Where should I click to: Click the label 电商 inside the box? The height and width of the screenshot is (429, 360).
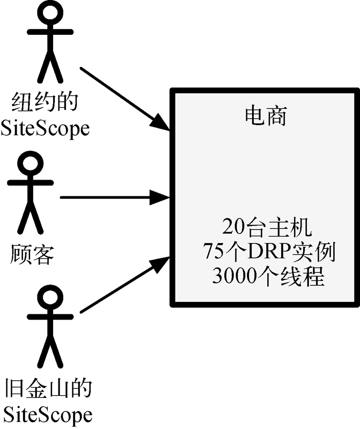(x=265, y=116)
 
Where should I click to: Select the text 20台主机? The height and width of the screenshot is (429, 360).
(x=266, y=228)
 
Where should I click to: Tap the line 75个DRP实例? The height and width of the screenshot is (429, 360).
(x=266, y=252)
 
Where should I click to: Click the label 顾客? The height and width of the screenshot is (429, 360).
(x=32, y=255)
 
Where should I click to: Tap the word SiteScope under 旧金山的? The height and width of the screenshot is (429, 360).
(x=47, y=415)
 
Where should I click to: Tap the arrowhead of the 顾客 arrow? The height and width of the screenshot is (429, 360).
(x=160, y=197)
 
